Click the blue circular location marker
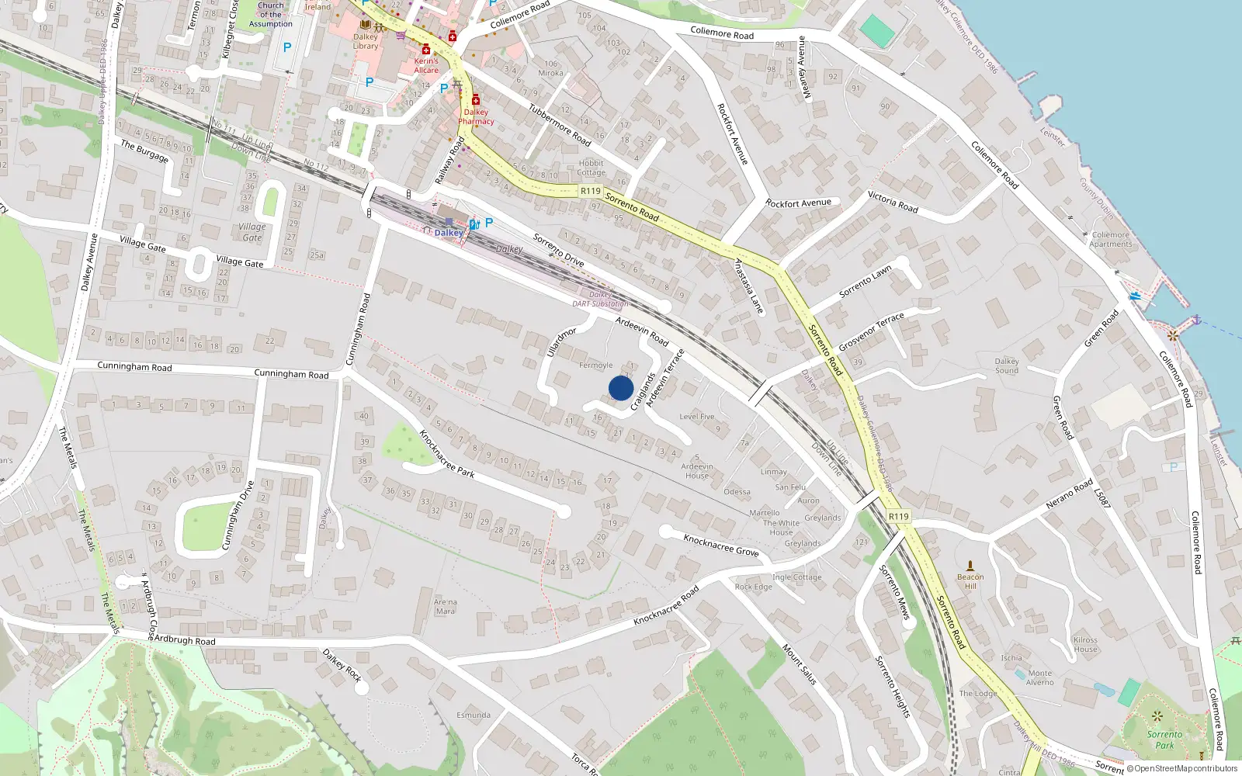tap(621, 388)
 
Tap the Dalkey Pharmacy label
tap(476, 116)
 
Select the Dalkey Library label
tap(366, 41)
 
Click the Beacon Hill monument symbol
tap(970, 566)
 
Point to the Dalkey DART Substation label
tap(600, 300)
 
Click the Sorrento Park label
tap(1164, 740)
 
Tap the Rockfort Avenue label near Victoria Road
tap(798, 203)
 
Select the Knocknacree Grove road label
tap(721, 545)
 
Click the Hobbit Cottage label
tap(591, 168)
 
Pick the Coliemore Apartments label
tap(1111, 239)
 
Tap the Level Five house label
tap(696, 417)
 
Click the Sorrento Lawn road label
tap(865, 281)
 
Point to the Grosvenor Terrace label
tap(871, 332)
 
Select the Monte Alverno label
tap(1040, 677)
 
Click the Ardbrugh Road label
tap(185, 641)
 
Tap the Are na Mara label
tap(445, 606)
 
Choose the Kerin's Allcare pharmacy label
tap(426, 65)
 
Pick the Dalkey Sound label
tap(1007, 365)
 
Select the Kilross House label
tap(1085, 645)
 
